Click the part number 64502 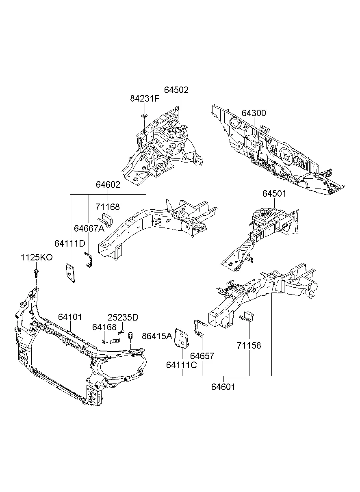pyautogui.click(x=176, y=90)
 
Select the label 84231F pyautogui.click(x=145, y=99)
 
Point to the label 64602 pyautogui.click(x=108, y=184)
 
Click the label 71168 pyautogui.click(x=108, y=207)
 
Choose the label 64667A pyautogui.click(x=89, y=228)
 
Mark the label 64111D pyautogui.click(x=70, y=243)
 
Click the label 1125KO pyautogui.click(x=37, y=258)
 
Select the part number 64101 pyautogui.click(x=70, y=317)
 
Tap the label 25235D pyautogui.click(x=123, y=317)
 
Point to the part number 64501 pyautogui.click(x=274, y=194)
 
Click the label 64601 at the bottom pyautogui.click(x=223, y=387)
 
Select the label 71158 pyautogui.click(x=249, y=346)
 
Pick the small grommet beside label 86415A pyautogui.click(x=131, y=336)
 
